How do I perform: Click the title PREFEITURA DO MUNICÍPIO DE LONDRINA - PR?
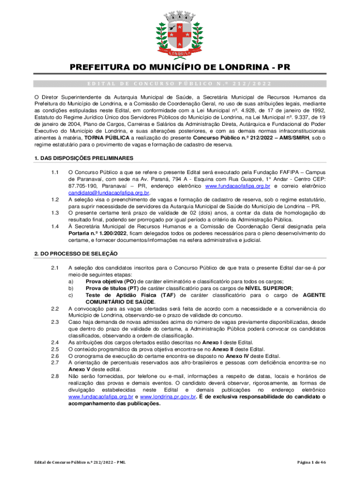click(x=180, y=67)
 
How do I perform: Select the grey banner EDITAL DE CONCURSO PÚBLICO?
click(x=180, y=84)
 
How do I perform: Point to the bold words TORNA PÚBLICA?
click(x=103, y=138)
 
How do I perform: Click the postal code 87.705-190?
click(x=82, y=186)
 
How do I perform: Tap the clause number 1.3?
click(x=55, y=213)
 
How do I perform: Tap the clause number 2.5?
click(x=55, y=349)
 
